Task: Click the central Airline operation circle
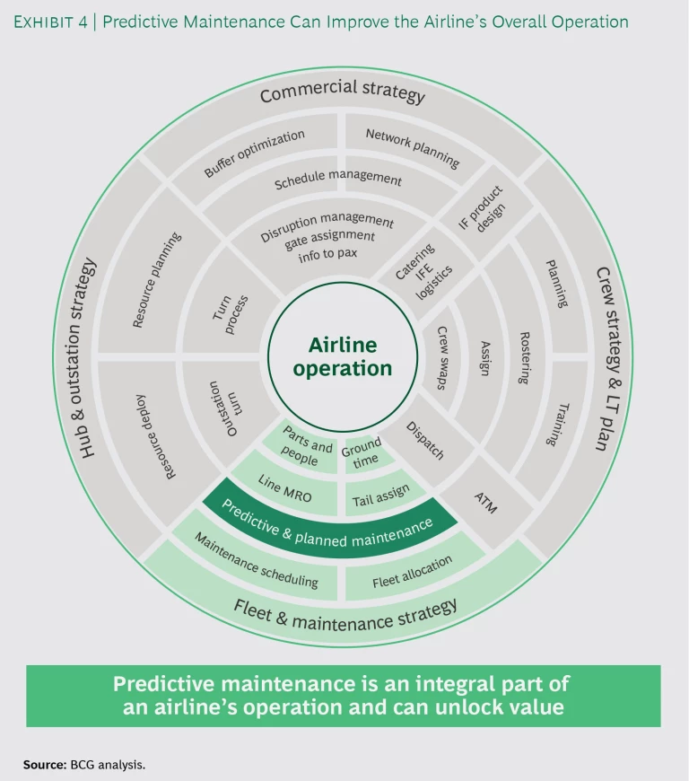pos(342,356)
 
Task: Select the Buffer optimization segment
pos(254,153)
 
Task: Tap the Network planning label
pos(413,148)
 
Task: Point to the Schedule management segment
pos(337,180)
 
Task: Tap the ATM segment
pos(484,504)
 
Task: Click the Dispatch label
pos(425,440)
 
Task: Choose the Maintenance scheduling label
pos(257,563)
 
